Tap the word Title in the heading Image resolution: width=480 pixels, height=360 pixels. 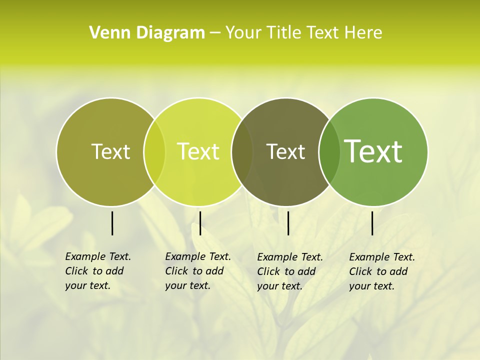click(283, 32)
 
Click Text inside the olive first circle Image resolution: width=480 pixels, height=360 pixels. click(110, 151)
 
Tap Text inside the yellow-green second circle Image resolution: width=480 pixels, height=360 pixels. click(198, 151)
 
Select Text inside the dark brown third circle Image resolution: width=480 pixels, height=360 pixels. click(285, 151)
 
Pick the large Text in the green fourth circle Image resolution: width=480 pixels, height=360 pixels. click(373, 151)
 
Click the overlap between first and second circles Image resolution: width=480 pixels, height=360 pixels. click(154, 151)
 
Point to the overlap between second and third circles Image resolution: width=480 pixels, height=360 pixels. click(242, 151)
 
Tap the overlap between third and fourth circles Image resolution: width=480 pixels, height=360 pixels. click(329, 151)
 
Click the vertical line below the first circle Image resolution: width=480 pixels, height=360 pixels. click(112, 223)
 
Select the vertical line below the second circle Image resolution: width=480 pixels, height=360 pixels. click(200, 223)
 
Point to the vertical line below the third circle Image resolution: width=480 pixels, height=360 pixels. click(288, 223)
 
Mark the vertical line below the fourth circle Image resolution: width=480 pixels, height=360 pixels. click(372, 223)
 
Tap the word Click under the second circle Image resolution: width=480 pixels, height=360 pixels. click(176, 271)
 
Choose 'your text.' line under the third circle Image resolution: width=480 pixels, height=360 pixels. click(280, 286)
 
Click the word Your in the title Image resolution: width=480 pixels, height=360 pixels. click(242, 32)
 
